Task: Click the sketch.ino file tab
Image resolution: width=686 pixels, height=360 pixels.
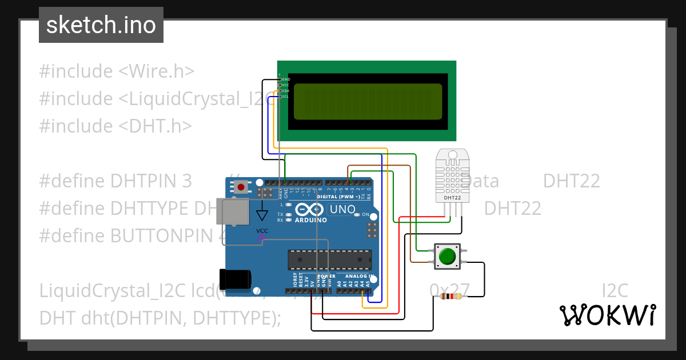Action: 101,25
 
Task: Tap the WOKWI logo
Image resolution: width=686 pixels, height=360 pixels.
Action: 607,315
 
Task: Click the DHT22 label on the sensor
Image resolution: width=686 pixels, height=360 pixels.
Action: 452,198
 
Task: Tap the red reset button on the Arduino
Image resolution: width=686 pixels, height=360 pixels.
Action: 242,187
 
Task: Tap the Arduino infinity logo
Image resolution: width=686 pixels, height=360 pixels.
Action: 310,210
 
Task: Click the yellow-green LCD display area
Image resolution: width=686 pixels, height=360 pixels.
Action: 366,101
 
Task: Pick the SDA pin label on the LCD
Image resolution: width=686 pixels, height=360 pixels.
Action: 285,91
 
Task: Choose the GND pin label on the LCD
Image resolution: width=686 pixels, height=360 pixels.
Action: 285,79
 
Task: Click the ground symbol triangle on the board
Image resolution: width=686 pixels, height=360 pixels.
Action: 262,215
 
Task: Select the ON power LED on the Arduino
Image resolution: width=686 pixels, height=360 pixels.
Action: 364,215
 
